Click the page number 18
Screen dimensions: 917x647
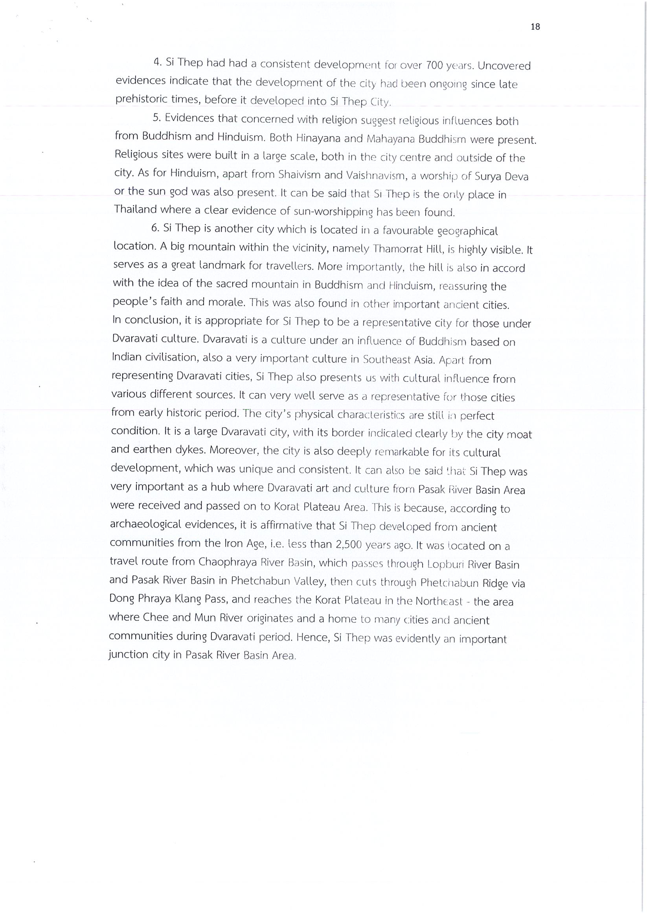point(535,26)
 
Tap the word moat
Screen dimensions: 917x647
point(519,434)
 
